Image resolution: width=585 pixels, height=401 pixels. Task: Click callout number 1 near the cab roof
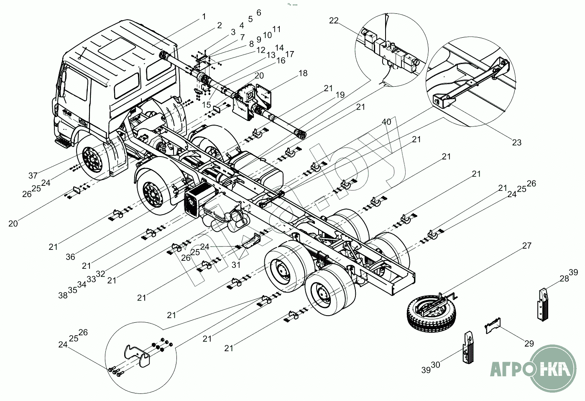(x=204, y=17)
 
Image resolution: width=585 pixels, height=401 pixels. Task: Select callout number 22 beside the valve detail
(x=334, y=21)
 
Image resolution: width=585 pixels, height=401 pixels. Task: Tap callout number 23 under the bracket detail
(x=517, y=142)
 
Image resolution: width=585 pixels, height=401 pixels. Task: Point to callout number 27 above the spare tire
(x=526, y=246)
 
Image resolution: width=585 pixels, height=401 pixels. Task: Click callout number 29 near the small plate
(x=529, y=344)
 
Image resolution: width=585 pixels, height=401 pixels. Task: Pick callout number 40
(x=386, y=122)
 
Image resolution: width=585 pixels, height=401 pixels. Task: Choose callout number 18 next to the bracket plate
(x=303, y=73)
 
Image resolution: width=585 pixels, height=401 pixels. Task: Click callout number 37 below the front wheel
(x=33, y=175)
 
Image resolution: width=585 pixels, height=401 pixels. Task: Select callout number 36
(x=70, y=257)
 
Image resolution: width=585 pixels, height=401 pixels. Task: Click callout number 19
(x=340, y=95)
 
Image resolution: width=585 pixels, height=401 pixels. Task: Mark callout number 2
(x=219, y=25)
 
